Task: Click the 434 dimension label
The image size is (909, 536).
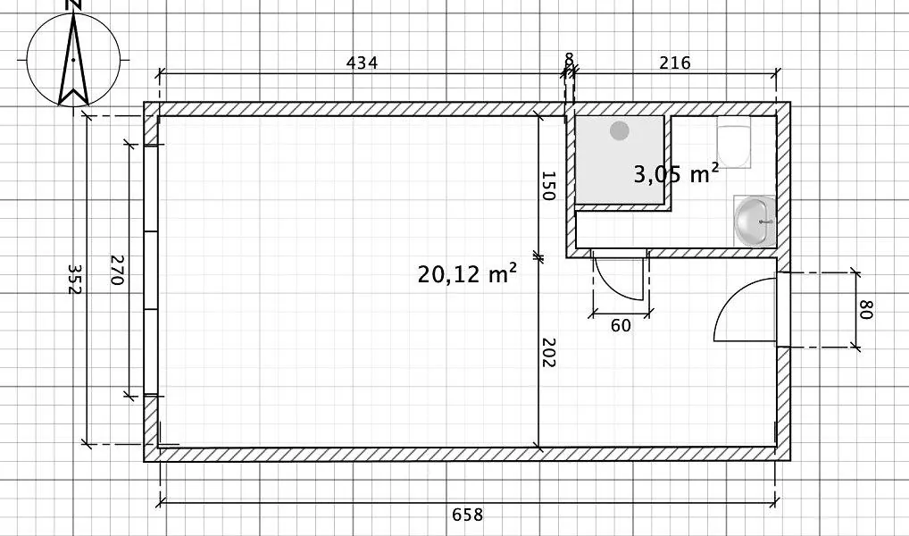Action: click(x=362, y=63)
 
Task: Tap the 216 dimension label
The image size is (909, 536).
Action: click(x=675, y=63)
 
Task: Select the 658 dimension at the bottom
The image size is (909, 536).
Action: click(x=467, y=515)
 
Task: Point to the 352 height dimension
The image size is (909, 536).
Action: click(x=74, y=279)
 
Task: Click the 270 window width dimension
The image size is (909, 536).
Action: click(x=117, y=270)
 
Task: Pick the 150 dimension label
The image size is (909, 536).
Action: click(x=548, y=186)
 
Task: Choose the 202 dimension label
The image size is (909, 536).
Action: click(x=548, y=353)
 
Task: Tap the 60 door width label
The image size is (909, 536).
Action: click(x=621, y=325)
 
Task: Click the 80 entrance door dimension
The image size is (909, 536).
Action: click(x=866, y=309)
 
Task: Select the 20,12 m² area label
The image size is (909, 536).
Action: click(x=467, y=273)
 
